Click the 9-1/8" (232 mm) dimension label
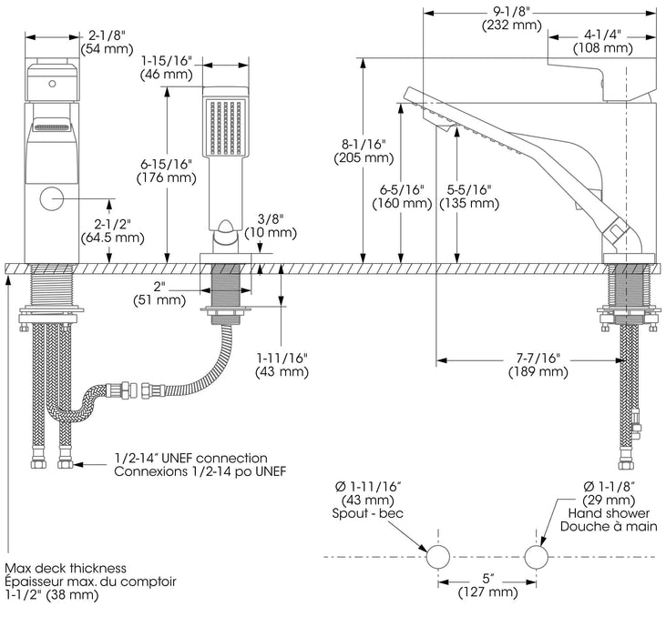(x=512, y=19)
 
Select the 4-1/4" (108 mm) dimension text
(x=603, y=42)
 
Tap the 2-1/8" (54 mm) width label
(x=107, y=42)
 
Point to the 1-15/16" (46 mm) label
(x=167, y=67)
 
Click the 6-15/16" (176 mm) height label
(x=167, y=170)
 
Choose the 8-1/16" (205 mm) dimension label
(x=364, y=151)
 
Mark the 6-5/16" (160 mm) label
(x=402, y=197)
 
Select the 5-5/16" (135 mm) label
(x=469, y=197)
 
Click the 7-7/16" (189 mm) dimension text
(x=538, y=365)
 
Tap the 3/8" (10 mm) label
(x=271, y=226)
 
